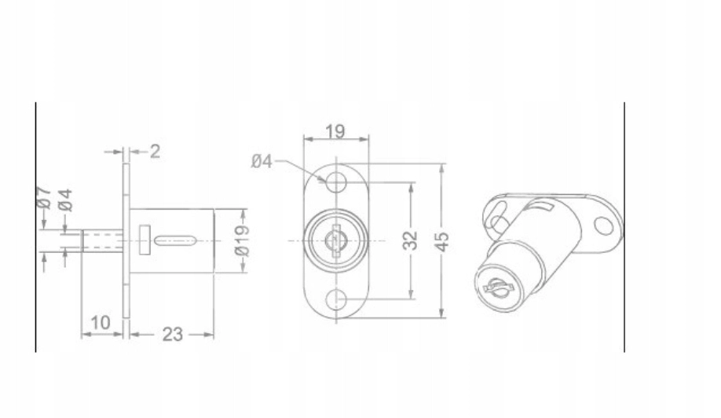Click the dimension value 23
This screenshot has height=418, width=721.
point(173,334)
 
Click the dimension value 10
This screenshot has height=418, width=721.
point(101,322)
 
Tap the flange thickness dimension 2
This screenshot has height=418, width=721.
point(155,152)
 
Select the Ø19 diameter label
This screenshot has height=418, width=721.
point(242,240)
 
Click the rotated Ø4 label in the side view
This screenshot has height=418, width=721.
point(66,200)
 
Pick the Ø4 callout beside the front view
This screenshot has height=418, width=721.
point(262,161)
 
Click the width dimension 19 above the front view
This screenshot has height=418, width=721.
point(335,132)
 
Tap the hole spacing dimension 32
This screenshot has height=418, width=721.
point(410,240)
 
